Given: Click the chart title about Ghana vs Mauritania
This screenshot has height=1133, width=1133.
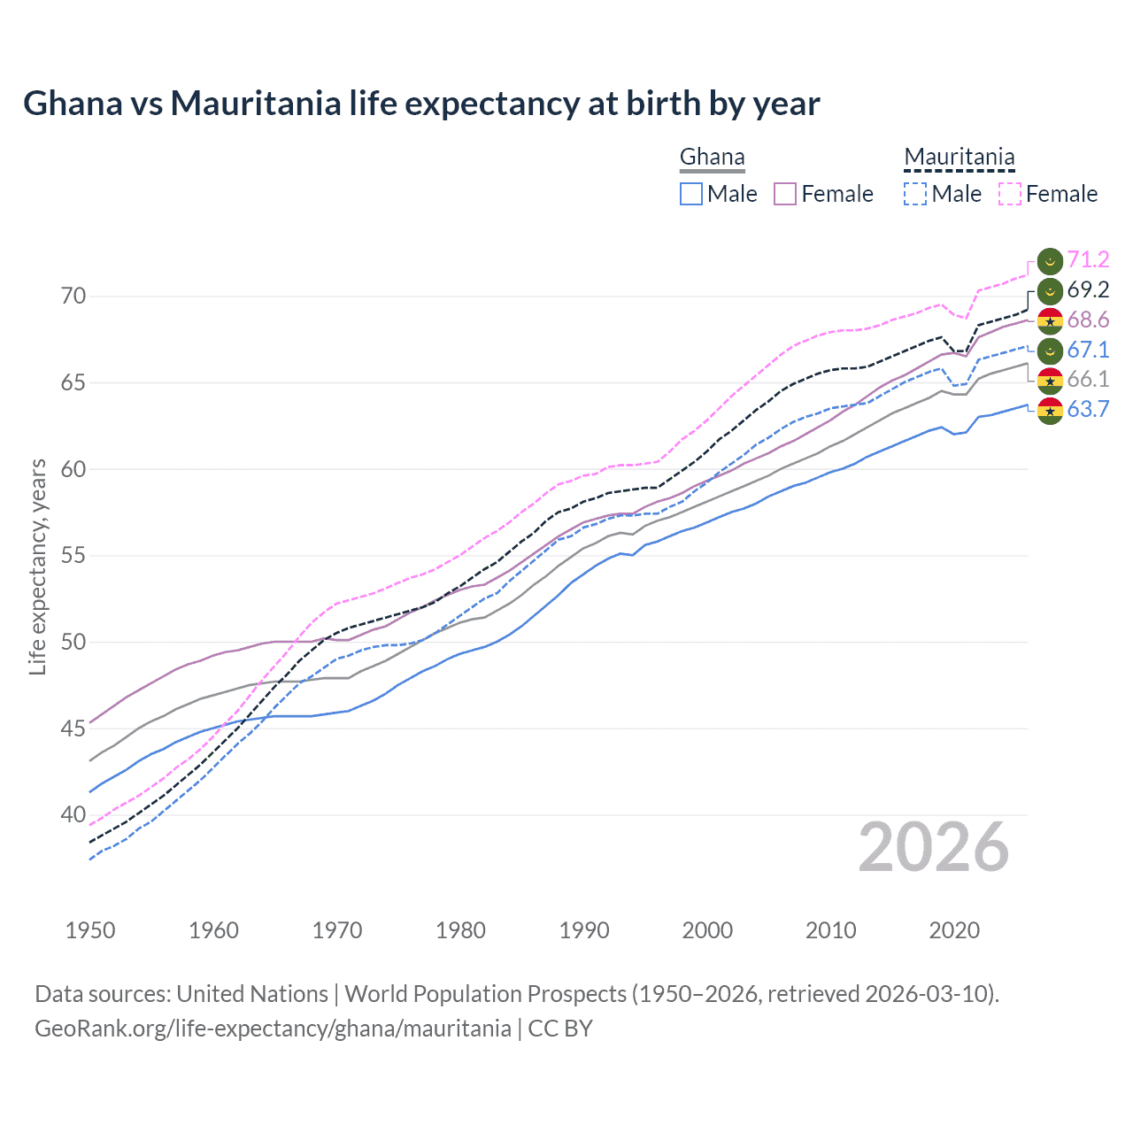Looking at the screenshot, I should pyautogui.click(x=421, y=104).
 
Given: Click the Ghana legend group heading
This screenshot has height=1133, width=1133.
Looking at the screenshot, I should pyautogui.click(x=712, y=158).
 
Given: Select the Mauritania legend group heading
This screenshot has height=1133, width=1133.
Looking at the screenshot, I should pyautogui.click(x=959, y=158).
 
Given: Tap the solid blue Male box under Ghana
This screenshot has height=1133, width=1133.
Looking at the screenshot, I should pyautogui.click(x=691, y=194).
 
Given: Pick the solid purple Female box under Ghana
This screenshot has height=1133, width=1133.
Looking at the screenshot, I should pyautogui.click(x=785, y=194).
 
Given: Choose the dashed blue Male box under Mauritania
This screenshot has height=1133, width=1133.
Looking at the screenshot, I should pyautogui.click(x=915, y=194).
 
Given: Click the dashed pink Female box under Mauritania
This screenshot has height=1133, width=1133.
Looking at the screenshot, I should pyautogui.click(x=1010, y=194).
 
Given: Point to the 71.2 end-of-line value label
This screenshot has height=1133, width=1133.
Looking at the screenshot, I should pyautogui.click(x=1087, y=259).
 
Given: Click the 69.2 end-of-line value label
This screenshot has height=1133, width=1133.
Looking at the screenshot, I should pyautogui.click(x=1087, y=289).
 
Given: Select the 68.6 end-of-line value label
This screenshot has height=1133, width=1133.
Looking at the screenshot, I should pyautogui.click(x=1087, y=320).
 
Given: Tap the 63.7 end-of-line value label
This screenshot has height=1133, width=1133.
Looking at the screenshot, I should pyautogui.click(x=1087, y=409).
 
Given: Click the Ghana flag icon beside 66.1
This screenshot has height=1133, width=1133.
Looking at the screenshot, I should pyautogui.click(x=1050, y=380).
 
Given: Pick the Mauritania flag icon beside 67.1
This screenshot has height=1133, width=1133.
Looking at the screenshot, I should pyautogui.click(x=1050, y=350).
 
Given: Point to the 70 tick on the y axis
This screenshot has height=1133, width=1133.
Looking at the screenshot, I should pyautogui.click(x=73, y=296).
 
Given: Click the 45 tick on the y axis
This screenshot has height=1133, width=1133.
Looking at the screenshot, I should pyautogui.click(x=73, y=728).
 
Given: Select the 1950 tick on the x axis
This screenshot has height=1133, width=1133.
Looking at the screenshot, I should pyautogui.click(x=90, y=930).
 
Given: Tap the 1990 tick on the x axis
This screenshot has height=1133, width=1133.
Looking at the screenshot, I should pyautogui.click(x=584, y=930).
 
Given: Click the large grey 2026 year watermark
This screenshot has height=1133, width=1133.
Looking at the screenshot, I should pyautogui.click(x=933, y=847).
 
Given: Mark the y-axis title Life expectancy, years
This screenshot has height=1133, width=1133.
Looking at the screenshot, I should pyautogui.click(x=37, y=566).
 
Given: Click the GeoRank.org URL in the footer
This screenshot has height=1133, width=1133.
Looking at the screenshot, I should pyautogui.click(x=273, y=1029).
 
